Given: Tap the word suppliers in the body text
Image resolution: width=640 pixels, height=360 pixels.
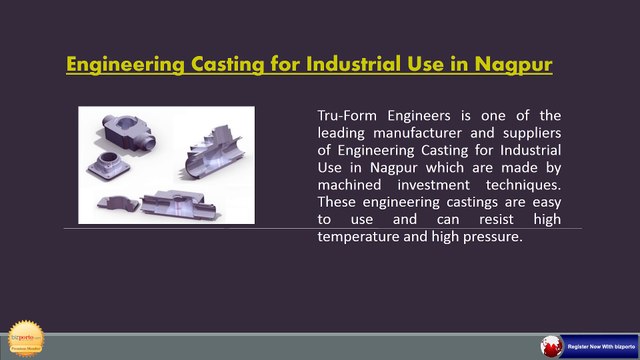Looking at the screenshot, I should click(544, 132).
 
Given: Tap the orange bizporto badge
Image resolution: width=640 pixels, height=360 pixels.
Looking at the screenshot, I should click(27, 338).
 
